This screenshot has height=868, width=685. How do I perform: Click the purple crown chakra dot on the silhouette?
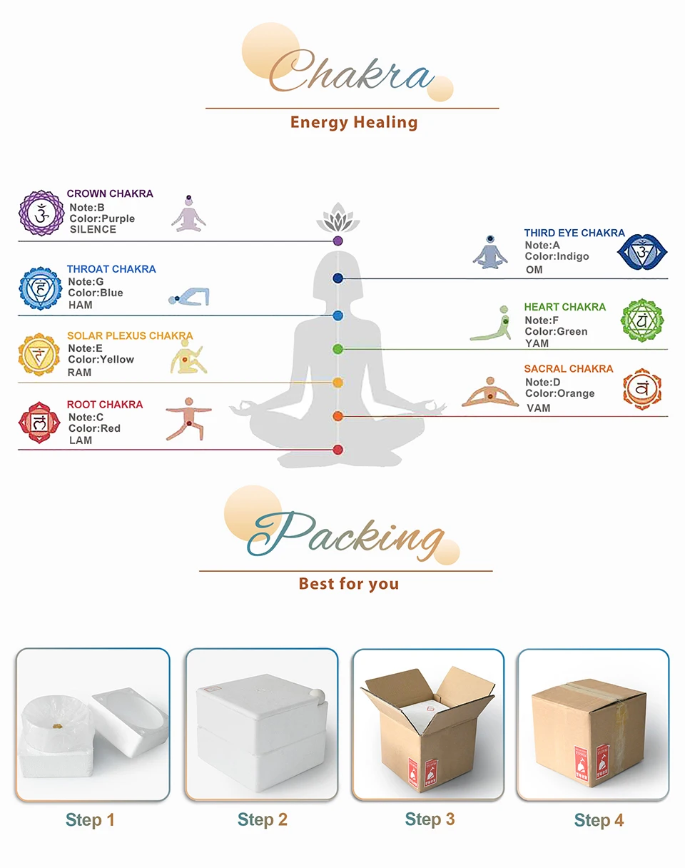[x=338, y=241]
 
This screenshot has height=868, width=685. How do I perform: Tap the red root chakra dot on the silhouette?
[x=338, y=450]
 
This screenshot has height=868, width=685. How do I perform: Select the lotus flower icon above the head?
[x=338, y=218]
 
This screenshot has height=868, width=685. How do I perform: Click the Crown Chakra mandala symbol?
[x=41, y=213]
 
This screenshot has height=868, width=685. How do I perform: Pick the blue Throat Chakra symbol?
[x=41, y=288]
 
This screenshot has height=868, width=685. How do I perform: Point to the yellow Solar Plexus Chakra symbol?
[x=40, y=355]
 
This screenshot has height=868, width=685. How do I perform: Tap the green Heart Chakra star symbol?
[x=641, y=321]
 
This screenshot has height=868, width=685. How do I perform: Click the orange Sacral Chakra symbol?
[x=642, y=388]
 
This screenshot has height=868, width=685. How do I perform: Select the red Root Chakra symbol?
[x=40, y=423]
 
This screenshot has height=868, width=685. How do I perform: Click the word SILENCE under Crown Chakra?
[x=93, y=230]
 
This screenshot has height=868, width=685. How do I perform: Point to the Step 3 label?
[x=430, y=819]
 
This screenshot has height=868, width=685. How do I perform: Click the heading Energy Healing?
[x=353, y=122]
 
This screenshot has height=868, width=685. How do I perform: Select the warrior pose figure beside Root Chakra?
[x=188, y=418]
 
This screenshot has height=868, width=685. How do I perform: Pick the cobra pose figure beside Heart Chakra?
[x=492, y=324]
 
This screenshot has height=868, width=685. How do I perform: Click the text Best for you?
[x=348, y=584]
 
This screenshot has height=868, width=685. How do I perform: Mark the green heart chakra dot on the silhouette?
[x=338, y=349]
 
